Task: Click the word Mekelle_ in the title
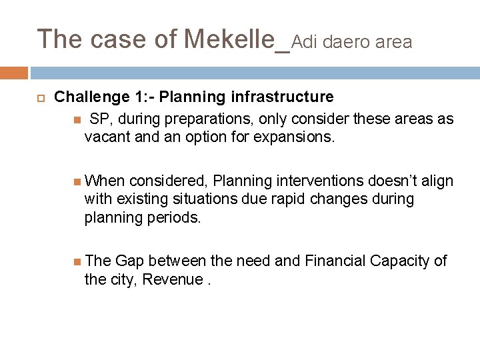(237, 39)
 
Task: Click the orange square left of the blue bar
(14, 73)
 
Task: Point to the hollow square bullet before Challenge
(40, 98)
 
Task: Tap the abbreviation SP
(99, 119)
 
